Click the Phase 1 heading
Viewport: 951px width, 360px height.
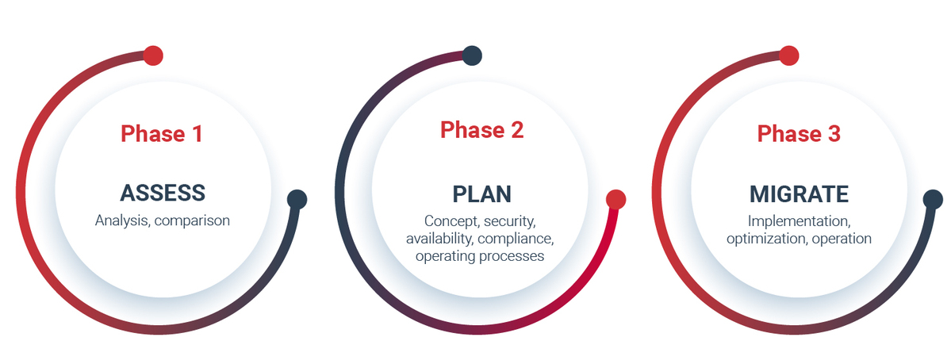[161, 133]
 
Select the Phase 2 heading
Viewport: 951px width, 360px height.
[481, 130]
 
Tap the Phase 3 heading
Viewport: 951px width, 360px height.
[799, 133]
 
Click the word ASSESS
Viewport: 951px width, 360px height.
[163, 193]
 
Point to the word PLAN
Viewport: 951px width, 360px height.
[481, 194]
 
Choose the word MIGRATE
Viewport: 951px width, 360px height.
[799, 194]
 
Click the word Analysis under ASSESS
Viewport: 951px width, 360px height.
[122, 220]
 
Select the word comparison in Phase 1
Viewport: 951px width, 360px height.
[192, 221]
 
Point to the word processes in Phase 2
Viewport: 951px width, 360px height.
[512, 256]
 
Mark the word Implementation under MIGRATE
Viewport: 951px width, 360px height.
[799, 220]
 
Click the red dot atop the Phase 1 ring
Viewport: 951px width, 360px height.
[153, 56]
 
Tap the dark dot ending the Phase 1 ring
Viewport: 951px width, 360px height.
[297, 199]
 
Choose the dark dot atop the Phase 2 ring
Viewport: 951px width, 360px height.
[472, 56]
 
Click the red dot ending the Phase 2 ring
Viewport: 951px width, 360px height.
[615, 199]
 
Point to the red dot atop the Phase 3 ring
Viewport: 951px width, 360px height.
[788, 56]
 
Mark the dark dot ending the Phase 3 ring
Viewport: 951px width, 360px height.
[933, 199]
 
